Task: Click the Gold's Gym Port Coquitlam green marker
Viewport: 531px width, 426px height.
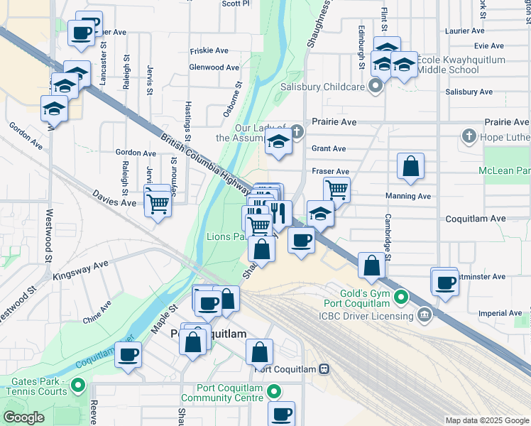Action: pos(402,296)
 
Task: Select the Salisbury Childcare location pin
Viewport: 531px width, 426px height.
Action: pos(376,87)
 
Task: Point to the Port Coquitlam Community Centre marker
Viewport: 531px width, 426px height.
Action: pos(273,391)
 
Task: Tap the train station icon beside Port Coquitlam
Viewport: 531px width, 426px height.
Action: pos(324,368)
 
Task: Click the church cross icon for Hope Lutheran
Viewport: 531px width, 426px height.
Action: pos(468,135)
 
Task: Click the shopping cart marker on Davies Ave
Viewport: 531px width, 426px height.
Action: pos(158,204)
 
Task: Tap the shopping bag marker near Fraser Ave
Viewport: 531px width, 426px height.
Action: pos(410,167)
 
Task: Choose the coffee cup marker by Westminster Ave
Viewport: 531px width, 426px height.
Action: pos(446,283)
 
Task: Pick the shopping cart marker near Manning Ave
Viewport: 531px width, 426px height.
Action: pos(336,189)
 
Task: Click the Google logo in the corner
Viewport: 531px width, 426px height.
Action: pos(23,417)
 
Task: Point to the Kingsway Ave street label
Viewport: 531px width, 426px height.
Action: pos(81,268)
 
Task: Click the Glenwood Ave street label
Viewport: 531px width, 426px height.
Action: pos(214,67)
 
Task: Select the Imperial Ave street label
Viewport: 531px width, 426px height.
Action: pos(500,313)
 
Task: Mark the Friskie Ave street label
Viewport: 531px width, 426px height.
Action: pos(209,50)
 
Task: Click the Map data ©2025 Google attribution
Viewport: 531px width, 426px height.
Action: pos(486,420)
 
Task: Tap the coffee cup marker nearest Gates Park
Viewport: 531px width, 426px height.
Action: pos(128,354)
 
